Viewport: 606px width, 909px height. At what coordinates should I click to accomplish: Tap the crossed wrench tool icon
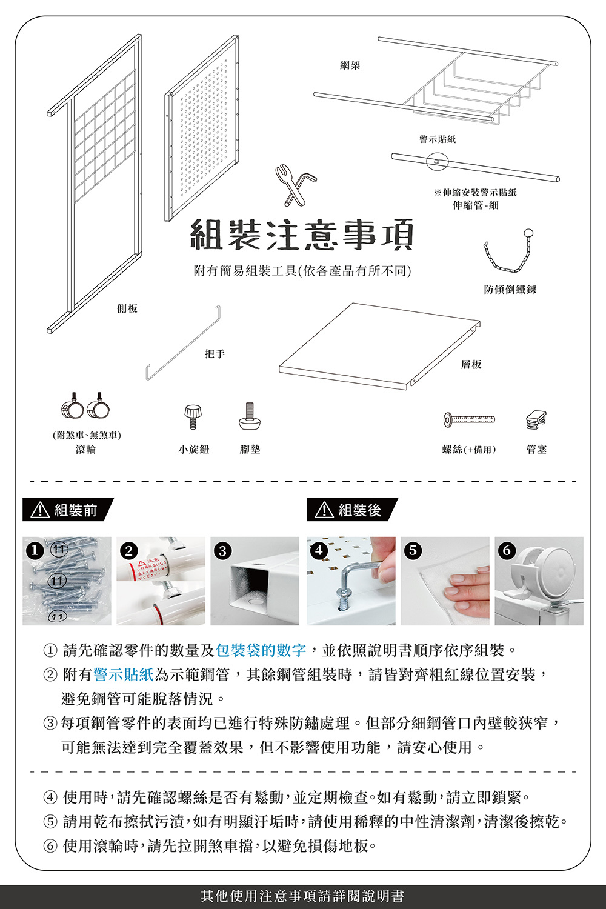click(x=295, y=184)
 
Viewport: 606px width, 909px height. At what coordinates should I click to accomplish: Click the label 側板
click(x=127, y=308)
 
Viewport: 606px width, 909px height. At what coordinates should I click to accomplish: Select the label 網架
click(x=350, y=65)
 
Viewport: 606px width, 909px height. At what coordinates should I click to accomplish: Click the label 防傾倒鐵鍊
click(x=510, y=290)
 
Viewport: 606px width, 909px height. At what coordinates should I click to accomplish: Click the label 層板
click(x=471, y=364)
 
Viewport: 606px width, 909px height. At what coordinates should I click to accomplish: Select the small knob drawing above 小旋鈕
click(x=193, y=417)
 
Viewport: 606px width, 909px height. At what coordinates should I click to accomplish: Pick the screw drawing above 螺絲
click(x=469, y=419)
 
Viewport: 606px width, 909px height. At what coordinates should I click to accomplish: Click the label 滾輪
click(x=85, y=449)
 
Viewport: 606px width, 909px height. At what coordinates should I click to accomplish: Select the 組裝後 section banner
click(x=352, y=510)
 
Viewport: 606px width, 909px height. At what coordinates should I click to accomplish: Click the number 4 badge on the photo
click(x=319, y=550)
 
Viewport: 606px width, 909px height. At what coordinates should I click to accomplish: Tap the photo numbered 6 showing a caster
click(x=539, y=581)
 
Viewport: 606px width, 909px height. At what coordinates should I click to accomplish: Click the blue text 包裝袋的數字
click(x=261, y=650)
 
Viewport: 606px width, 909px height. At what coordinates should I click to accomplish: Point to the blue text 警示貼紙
click(x=124, y=674)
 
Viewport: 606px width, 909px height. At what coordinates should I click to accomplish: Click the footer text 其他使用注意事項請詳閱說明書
click(x=302, y=896)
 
